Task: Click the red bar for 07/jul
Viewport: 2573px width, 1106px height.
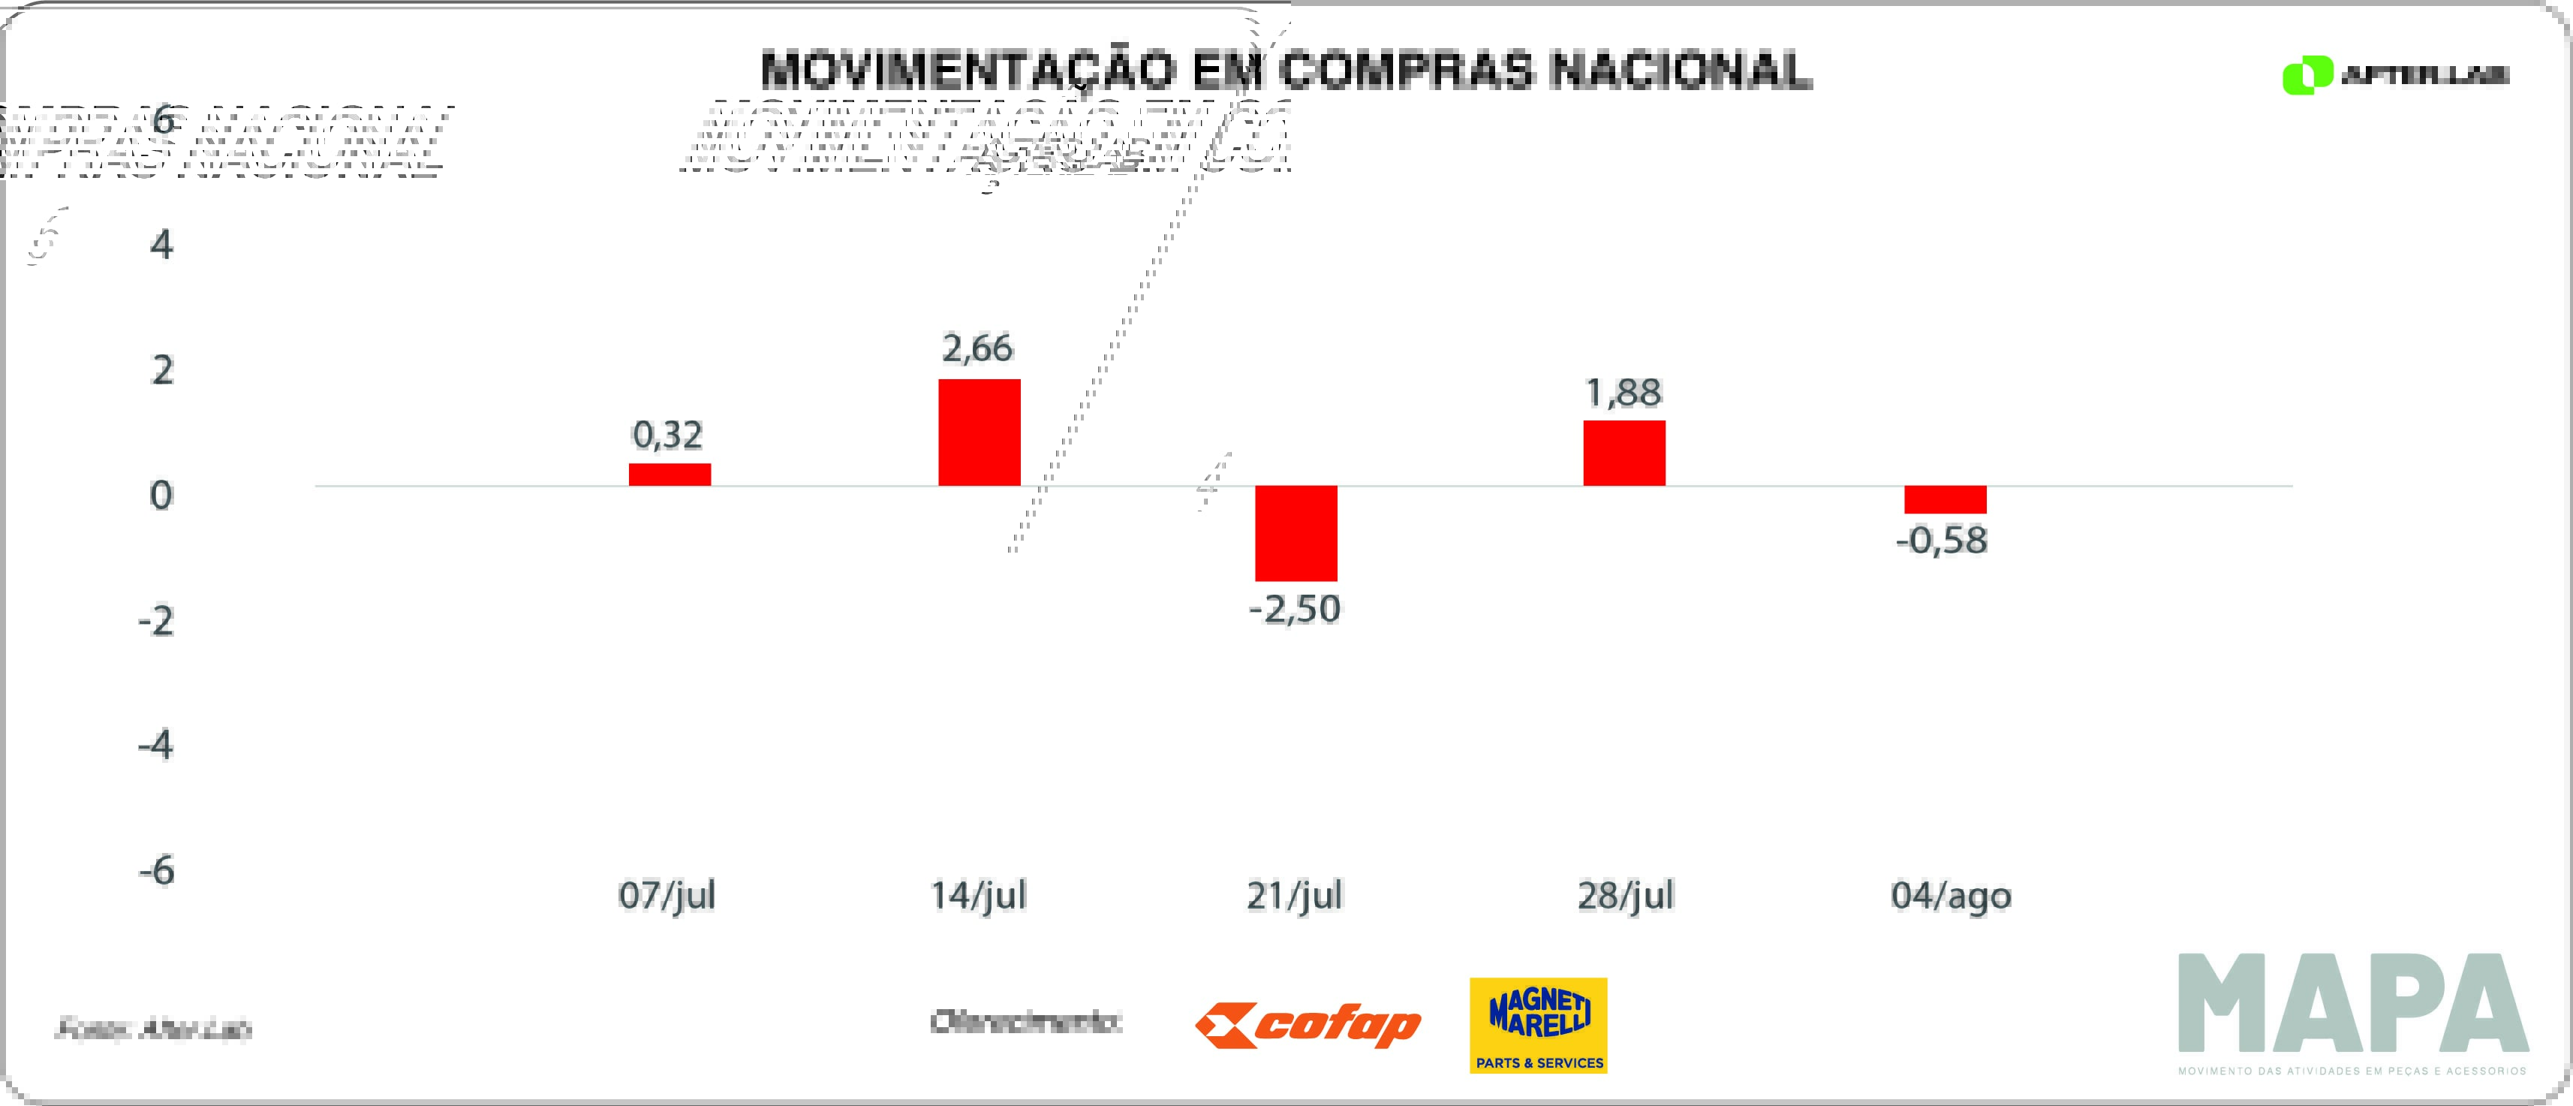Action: coord(670,475)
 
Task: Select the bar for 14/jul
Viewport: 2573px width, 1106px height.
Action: coord(979,432)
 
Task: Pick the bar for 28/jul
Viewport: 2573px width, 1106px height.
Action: coord(1624,453)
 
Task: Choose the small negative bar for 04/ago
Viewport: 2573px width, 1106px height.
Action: coord(1945,499)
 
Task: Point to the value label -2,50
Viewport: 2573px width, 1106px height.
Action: coord(1295,608)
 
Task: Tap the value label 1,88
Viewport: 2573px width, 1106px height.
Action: coord(1624,393)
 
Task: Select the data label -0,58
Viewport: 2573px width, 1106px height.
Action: coord(1942,541)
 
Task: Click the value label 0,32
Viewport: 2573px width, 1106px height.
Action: coord(667,435)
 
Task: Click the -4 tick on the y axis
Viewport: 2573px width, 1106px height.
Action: coord(156,746)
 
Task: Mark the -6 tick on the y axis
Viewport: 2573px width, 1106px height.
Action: coord(157,870)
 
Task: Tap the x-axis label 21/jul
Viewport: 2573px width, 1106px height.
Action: coord(1295,895)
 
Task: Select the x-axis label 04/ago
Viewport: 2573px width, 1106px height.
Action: coord(1951,895)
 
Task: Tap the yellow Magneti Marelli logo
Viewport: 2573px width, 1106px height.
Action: coord(1538,1025)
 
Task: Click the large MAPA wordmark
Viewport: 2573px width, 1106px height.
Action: coord(2353,1004)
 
